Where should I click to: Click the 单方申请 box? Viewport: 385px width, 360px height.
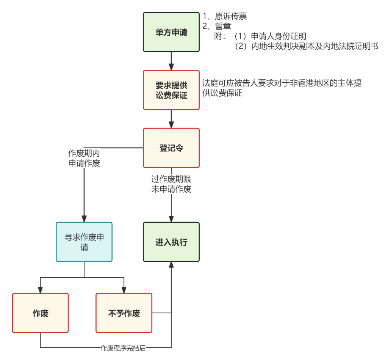click(171, 32)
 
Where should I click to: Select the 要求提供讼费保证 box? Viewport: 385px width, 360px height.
click(171, 90)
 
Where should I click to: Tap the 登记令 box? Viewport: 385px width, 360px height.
click(171, 148)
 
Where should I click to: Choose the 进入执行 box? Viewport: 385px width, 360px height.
click(171, 242)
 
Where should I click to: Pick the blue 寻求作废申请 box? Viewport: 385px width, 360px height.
click(84, 242)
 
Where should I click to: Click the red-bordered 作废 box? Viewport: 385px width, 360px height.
click(41, 313)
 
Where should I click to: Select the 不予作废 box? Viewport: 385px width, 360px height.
click(124, 313)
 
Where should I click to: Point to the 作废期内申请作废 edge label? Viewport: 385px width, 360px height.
click(84, 158)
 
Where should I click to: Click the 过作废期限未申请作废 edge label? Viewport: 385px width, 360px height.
click(171, 184)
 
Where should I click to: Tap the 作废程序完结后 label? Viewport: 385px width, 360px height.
click(123, 348)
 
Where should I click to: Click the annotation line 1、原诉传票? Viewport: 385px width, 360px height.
click(225, 17)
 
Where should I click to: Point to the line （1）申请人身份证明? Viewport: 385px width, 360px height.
click(270, 36)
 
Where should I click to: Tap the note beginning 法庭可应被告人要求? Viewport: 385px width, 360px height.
click(282, 88)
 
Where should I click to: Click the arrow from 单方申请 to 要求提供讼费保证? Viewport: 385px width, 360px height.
click(171, 61)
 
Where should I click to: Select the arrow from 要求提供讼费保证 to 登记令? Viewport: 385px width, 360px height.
click(171, 119)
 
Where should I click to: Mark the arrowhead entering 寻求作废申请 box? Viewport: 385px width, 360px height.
click(84, 219)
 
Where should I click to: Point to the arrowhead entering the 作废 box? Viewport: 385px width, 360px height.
click(41, 290)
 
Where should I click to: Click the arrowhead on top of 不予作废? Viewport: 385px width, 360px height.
click(124, 290)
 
